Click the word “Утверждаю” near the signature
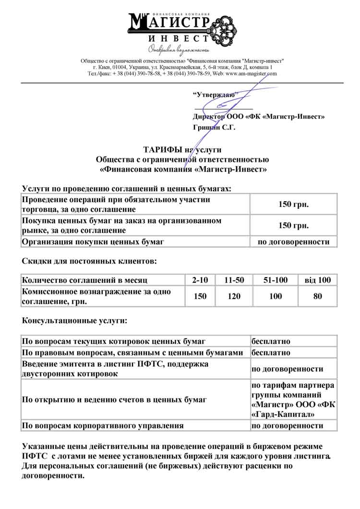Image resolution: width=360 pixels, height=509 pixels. [x=213, y=95]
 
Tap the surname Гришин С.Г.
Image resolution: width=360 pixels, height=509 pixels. [x=214, y=128]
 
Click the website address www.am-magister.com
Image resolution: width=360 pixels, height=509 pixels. [x=251, y=74]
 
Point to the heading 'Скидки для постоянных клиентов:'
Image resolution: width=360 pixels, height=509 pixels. [x=89, y=262]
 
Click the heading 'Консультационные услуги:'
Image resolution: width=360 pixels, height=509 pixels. [x=75, y=320]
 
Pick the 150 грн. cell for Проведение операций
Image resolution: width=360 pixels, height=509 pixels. [x=293, y=205]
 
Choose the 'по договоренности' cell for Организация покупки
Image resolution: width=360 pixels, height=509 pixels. [x=293, y=242]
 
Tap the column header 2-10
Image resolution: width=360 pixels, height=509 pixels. [x=200, y=280]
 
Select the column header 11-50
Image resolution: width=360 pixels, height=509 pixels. [x=234, y=280]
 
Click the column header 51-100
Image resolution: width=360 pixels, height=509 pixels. [x=276, y=280]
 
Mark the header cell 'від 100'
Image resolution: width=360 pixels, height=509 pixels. [x=318, y=280]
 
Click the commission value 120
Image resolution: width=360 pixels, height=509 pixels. [x=234, y=296]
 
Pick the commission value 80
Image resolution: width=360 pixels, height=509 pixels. [x=318, y=296]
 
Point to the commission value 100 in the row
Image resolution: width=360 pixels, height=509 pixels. [x=276, y=296]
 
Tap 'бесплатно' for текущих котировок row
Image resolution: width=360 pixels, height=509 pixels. [x=271, y=341]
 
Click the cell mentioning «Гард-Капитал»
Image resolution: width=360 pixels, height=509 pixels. [x=293, y=400]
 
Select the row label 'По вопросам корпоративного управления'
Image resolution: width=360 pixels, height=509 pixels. [x=103, y=425]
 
